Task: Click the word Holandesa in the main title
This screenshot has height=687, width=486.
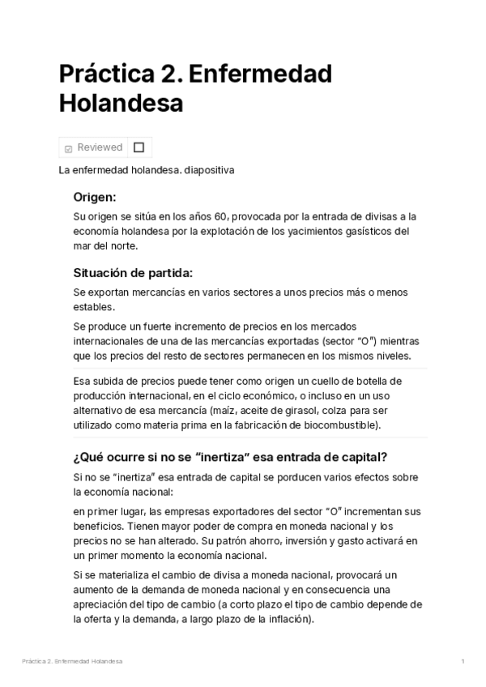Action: point(121,105)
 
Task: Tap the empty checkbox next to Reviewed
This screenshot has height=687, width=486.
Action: point(139,147)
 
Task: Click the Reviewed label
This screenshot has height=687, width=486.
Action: point(100,147)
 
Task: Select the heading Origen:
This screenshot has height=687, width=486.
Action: point(95,197)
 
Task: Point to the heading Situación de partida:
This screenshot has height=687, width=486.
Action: point(133,272)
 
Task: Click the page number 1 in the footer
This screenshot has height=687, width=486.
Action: point(463,662)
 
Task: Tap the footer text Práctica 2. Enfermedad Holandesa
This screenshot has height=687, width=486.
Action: point(72,662)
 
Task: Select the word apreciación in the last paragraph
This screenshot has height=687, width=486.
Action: point(100,605)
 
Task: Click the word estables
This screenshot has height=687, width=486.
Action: point(94,306)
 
